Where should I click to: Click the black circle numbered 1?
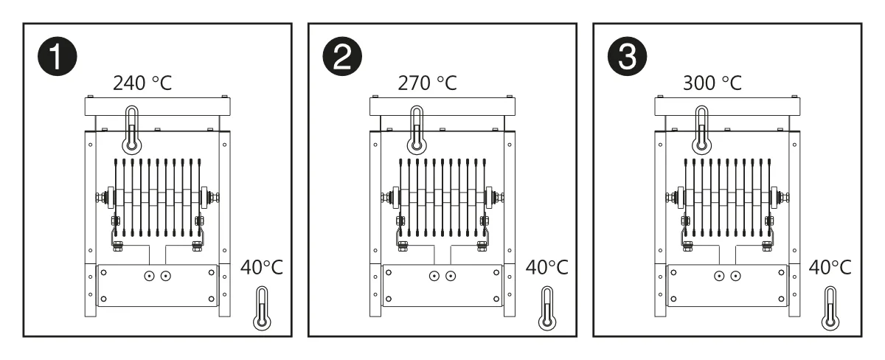coord(58,57)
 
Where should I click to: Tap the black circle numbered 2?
coord(342,57)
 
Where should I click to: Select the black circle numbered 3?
coord(627,57)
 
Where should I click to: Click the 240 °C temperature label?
coord(142,83)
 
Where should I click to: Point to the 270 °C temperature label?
coord(428,83)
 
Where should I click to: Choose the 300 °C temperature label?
coord(712,83)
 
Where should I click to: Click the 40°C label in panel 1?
coord(262,268)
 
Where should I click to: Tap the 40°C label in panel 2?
coord(546,268)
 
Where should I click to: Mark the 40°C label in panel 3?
coord(830,268)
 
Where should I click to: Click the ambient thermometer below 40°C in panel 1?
coord(262,308)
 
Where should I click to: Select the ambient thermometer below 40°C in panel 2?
coord(547,308)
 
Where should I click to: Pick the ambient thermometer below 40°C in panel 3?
coord(830,308)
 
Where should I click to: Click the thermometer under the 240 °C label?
coord(132,130)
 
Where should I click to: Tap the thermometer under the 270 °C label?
coord(417,130)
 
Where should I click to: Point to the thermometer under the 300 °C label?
coord(701,130)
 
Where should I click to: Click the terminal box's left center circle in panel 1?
coord(149,276)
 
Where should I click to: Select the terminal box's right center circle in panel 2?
coord(451,276)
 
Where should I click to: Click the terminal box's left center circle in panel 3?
coord(719,276)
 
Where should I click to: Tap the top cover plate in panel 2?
coord(442,107)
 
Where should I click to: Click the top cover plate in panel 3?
coord(727,107)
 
